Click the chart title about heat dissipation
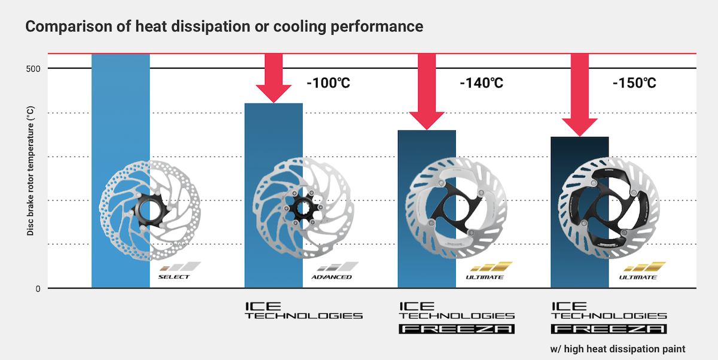(224, 27)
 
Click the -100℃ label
(328, 83)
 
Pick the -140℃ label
(481, 83)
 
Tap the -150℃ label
(634, 83)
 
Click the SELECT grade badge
(177, 271)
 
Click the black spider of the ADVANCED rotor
(302, 210)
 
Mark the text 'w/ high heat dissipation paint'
(617, 348)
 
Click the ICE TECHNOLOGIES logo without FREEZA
(303, 310)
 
